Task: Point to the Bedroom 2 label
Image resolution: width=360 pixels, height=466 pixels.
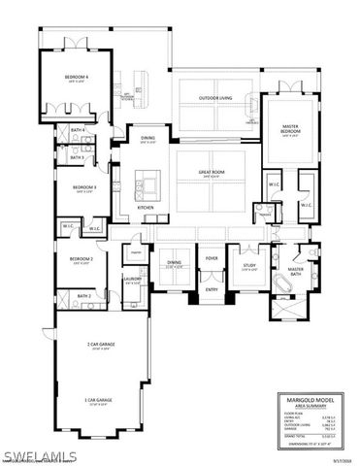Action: tap(81, 259)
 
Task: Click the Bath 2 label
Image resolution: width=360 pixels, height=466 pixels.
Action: tap(83, 295)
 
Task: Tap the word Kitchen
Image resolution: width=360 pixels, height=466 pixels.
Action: tap(146, 208)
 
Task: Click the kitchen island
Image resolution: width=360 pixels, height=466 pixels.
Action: tap(150, 182)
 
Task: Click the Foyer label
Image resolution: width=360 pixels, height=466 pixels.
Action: tap(212, 258)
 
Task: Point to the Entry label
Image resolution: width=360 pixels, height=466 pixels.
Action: tap(212, 289)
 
